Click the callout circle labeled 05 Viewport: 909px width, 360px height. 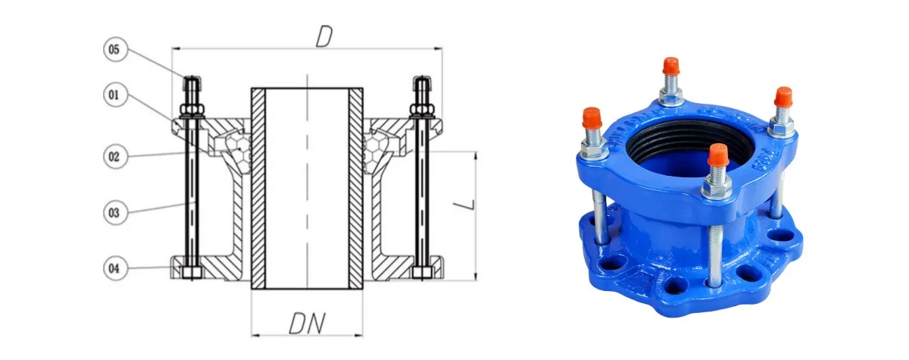click(115, 49)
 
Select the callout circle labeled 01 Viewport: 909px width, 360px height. click(115, 95)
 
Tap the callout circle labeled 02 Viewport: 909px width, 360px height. click(115, 157)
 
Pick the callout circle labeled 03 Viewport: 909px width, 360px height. click(115, 213)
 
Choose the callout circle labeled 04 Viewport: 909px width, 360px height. click(115, 268)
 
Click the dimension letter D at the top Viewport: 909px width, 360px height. click(324, 36)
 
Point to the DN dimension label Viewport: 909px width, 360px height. click(308, 324)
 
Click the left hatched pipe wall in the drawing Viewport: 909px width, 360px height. click(258, 188)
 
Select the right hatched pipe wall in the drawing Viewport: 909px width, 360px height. click(356, 188)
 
